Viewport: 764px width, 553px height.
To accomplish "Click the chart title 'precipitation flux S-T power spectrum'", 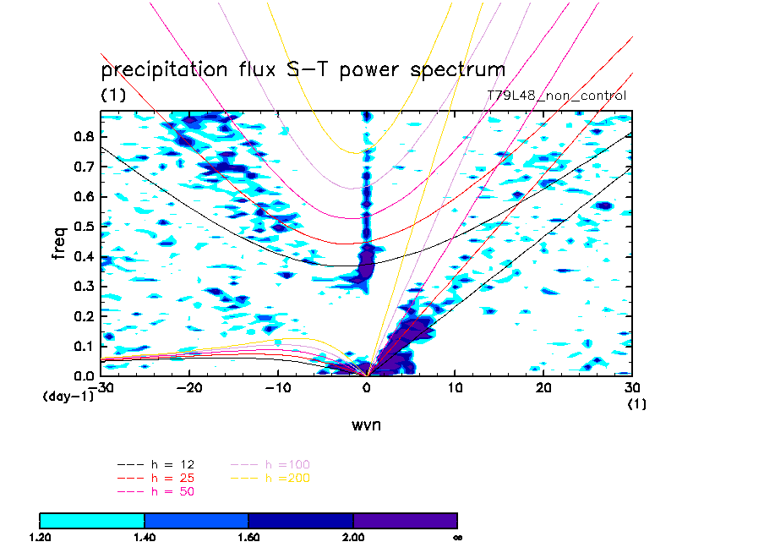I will click(x=303, y=69).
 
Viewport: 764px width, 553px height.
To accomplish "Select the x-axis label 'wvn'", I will click(x=367, y=424).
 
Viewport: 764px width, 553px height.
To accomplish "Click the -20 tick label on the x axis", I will click(x=188, y=386).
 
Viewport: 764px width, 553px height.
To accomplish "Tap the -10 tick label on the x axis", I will click(x=277, y=386).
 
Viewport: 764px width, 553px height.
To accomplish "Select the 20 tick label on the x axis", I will click(x=544, y=386).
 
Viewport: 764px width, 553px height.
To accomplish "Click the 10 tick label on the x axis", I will click(x=456, y=386).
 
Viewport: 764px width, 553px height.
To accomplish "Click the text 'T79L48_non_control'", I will click(x=556, y=96).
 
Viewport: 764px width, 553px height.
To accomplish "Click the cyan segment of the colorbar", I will click(x=92, y=520).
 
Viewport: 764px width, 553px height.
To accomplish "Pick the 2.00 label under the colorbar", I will click(x=353, y=537).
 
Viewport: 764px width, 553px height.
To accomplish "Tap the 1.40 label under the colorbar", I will click(x=145, y=537).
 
